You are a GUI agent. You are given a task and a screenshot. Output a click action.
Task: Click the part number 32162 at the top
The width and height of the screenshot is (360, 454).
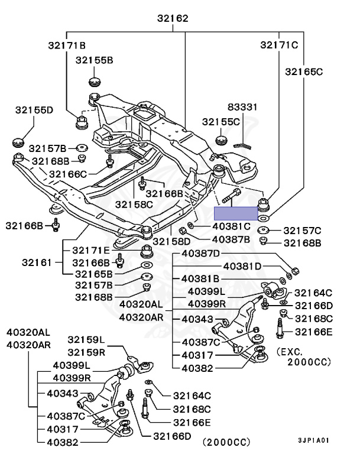(x=173, y=18)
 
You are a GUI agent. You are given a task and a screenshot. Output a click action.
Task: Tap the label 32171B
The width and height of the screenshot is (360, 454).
(x=67, y=45)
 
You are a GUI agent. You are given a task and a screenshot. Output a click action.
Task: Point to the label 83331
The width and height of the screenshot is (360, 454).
(x=243, y=106)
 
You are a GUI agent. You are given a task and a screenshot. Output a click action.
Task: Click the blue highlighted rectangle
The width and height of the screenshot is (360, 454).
(x=236, y=213)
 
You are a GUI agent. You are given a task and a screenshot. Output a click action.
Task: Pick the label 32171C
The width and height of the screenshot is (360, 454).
(x=278, y=44)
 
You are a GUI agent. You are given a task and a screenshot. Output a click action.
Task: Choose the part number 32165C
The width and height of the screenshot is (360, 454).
(x=304, y=72)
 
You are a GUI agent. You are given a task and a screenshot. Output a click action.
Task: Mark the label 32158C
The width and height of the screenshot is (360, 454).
(x=134, y=204)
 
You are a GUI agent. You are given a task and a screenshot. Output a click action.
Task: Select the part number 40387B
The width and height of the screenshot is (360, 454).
(x=231, y=239)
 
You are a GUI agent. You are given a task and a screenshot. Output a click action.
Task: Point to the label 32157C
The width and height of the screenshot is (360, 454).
(x=302, y=230)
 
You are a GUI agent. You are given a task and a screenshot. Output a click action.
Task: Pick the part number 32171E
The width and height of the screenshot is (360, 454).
(x=92, y=251)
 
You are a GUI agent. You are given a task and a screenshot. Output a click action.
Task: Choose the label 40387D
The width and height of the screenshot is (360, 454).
(x=200, y=254)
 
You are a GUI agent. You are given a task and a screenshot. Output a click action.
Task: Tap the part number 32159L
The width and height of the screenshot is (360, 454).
(x=86, y=340)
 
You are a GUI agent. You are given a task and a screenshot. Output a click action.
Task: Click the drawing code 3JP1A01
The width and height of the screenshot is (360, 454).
(x=313, y=440)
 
